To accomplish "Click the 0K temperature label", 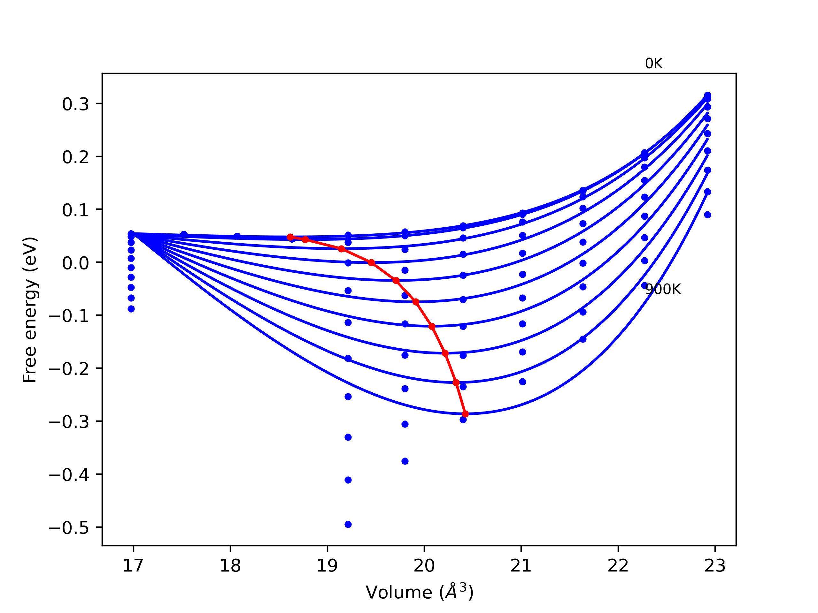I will (x=653, y=64).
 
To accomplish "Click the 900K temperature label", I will (x=663, y=289).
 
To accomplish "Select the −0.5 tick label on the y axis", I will (x=69, y=528).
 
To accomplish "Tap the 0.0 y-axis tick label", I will (x=75, y=263).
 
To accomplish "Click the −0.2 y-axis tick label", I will (x=69, y=369).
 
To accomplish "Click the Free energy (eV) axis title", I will (x=30, y=310).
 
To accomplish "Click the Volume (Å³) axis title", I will (x=419, y=593).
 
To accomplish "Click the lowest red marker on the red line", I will (x=465, y=414).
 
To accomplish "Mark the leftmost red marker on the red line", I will (x=290, y=237).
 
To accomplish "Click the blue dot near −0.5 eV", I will (x=348, y=524).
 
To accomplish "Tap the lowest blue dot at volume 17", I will (x=131, y=309).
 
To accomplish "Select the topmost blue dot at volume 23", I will (x=707, y=95).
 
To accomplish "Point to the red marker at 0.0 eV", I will (x=372, y=263).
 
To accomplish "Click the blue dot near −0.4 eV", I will (x=348, y=480).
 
